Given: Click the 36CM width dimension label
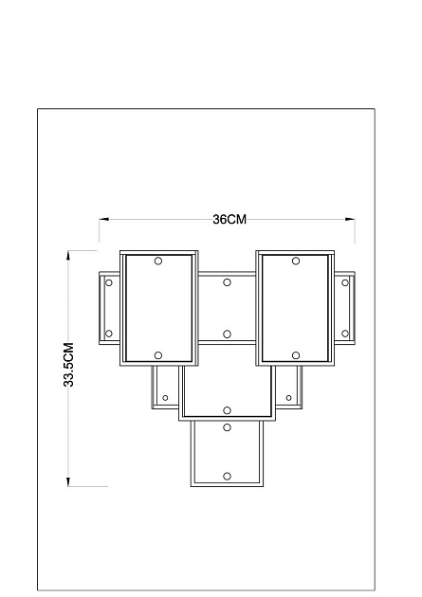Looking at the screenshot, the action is tap(229, 219).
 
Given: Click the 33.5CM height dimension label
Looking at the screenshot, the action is tap(68, 365).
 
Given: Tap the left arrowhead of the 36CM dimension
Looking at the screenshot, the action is tap(104, 219).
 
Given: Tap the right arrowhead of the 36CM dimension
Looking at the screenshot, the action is tap(350, 219).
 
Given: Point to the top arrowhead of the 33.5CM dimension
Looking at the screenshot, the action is tap(68, 256).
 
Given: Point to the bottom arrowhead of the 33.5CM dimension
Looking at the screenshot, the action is tap(68, 481).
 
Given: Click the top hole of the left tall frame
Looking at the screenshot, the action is tap(158, 261).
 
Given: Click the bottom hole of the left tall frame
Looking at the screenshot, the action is tap(158, 355).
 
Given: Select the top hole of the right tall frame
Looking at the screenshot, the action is tap(296, 261).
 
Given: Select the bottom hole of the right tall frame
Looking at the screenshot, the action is tap(296, 355).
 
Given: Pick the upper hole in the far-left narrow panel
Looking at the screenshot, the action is tap(109, 283).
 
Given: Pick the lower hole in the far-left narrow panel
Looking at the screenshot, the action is tap(109, 334).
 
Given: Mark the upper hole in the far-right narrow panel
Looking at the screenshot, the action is tap(345, 283).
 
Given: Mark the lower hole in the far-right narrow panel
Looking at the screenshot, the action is tap(345, 334).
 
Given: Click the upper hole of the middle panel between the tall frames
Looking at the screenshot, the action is tap(227, 282).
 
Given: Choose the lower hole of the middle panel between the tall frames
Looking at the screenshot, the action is tap(227, 334).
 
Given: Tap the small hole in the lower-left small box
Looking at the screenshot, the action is tap(165, 398).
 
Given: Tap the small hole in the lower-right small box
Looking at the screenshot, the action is tap(288, 398).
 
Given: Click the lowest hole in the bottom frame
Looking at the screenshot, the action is tap(227, 477).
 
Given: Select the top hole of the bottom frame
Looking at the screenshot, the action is tap(227, 427).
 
